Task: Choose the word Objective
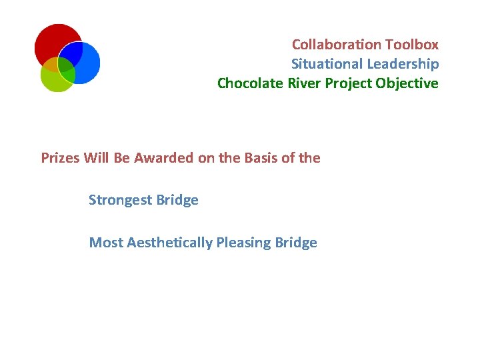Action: tap(407, 83)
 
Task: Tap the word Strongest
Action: tap(120, 201)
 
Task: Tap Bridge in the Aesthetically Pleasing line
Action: tap(296, 243)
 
